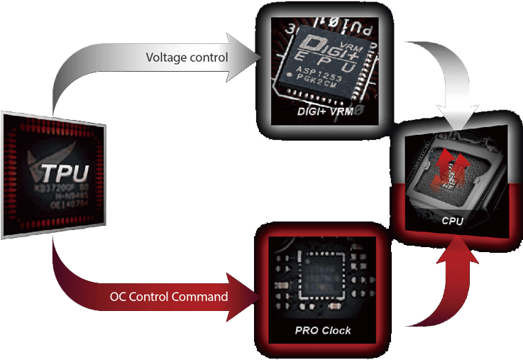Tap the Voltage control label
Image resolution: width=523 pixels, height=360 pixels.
coord(187,57)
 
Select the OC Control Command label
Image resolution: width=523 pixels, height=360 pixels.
coord(169,296)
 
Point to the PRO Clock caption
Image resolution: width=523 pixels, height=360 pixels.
coord(323,331)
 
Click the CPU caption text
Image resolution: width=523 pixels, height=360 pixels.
coord(452,221)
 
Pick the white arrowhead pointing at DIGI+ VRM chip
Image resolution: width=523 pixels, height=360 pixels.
coord(250,56)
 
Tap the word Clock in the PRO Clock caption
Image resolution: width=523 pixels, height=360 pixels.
coord(336,331)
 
